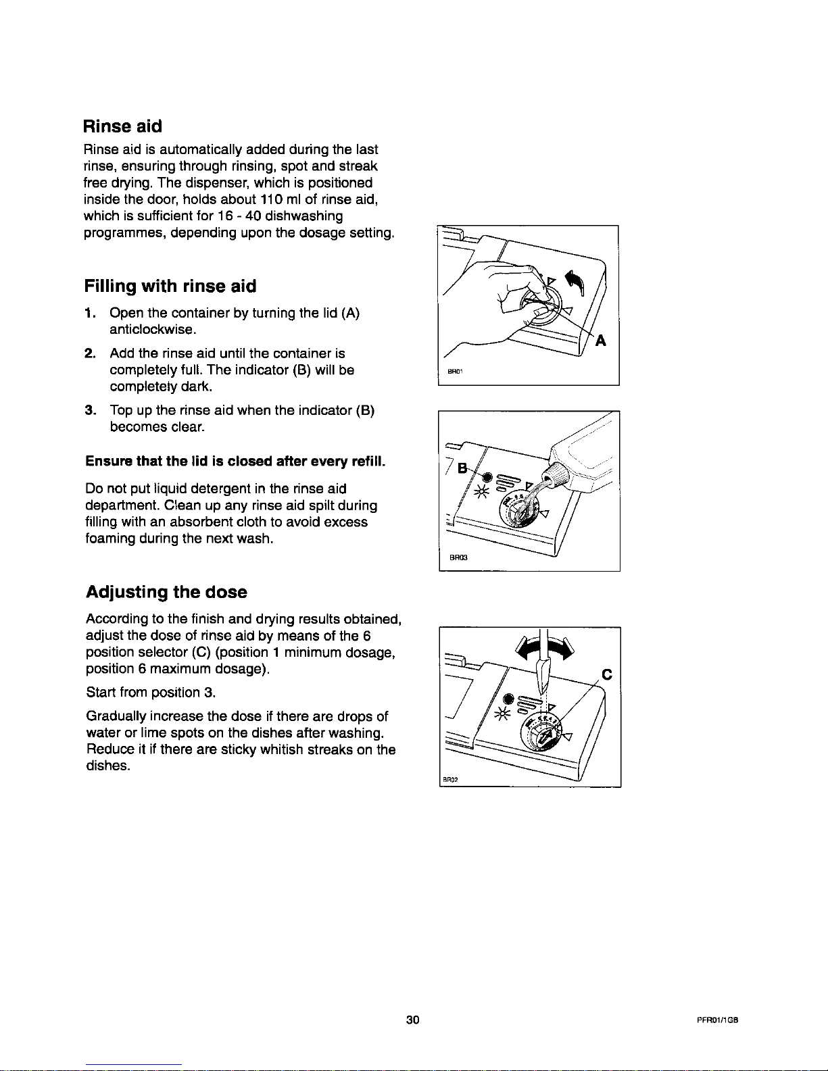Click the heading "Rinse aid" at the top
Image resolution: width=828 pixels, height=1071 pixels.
coord(122,126)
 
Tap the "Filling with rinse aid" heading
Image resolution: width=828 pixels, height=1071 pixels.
coord(170,287)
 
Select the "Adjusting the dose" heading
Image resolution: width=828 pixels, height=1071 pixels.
coord(166,593)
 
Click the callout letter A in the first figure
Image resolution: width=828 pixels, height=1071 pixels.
coord(600,341)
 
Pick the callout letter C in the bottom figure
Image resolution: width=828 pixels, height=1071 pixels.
coord(606,674)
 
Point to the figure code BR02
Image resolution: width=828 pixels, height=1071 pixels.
coord(452,778)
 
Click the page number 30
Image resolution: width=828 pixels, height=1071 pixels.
coord(413,1020)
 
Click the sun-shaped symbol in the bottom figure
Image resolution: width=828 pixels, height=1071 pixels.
coord(503,714)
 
